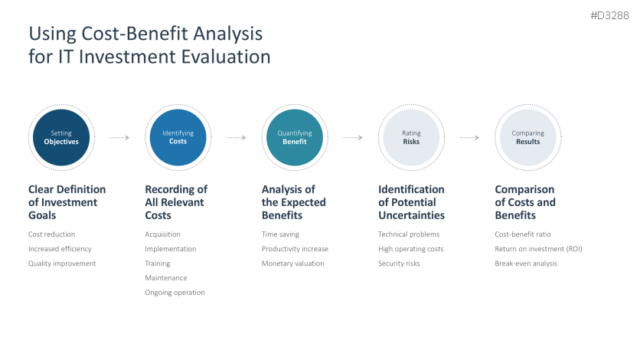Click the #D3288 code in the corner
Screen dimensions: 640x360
tap(609, 15)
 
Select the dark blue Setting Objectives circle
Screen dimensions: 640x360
tap(61, 138)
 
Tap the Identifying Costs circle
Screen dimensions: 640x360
tap(178, 138)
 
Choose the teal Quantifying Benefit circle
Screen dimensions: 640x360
tap(295, 138)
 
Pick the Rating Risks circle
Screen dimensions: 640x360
tap(411, 138)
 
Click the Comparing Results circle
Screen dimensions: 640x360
tap(528, 138)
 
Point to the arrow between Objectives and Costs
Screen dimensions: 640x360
tap(119, 138)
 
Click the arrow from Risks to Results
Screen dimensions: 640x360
tap(469, 138)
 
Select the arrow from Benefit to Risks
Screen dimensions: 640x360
tap(353, 138)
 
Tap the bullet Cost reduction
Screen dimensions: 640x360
tap(52, 234)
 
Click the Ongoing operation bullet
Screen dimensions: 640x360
tap(175, 293)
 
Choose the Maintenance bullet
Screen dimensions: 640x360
tap(166, 278)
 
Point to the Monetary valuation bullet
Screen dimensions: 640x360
tap(293, 263)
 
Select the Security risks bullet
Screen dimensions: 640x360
tap(399, 263)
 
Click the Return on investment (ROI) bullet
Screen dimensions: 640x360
tap(538, 249)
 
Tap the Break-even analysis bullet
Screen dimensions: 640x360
tap(526, 263)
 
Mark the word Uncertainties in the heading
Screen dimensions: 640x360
tap(411, 215)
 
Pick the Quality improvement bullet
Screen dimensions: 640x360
tap(62, 263)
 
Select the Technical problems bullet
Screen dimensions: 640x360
tap(409, 234)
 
